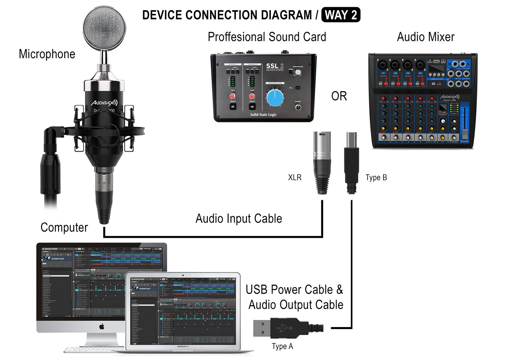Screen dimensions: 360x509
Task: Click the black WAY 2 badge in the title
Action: [341, 15]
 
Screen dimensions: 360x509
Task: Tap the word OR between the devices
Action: [339, 96]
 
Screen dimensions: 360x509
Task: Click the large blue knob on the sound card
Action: [275, 98]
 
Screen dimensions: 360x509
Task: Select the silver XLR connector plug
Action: [321, 162]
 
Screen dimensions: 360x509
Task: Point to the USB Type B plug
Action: [352, 162]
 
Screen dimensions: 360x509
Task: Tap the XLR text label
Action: [295, 177]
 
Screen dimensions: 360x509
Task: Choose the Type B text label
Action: [376, 177]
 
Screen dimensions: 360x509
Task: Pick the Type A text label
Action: [282, 346]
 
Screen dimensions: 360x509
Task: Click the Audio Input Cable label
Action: [239, 219]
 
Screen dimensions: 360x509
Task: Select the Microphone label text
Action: [47, 54]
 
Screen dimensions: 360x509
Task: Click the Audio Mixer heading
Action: [426, 37]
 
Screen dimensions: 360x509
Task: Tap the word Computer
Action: [64, 227]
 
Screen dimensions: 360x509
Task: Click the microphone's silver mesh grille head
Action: [105, 28]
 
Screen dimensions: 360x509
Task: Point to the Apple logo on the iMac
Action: [101, 327]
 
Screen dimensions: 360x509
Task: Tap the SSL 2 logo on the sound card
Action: [274, 66]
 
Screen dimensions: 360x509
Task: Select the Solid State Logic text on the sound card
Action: [263, 115]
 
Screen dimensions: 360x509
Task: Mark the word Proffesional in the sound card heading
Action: [236, 37]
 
